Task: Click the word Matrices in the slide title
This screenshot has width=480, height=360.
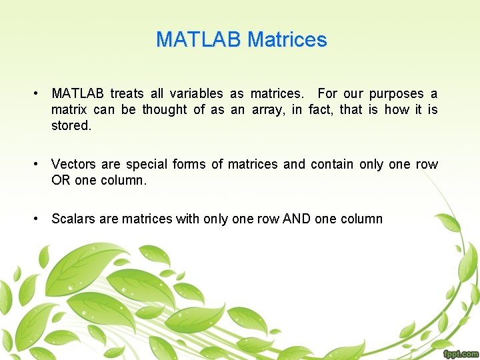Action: [287, 40]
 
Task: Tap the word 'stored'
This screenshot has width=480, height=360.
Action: [71, 125]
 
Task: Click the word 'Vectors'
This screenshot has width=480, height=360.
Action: [73, 164]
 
